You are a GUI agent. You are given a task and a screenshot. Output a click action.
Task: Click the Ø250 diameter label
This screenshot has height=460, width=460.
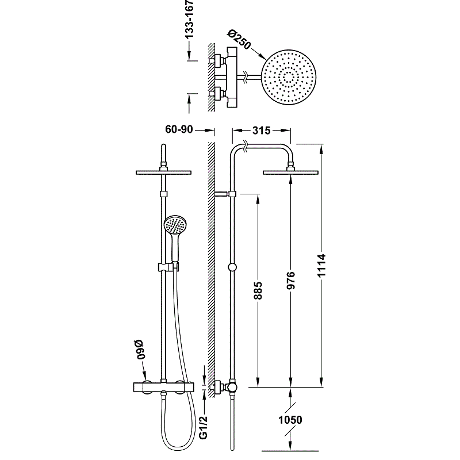coord(239,40)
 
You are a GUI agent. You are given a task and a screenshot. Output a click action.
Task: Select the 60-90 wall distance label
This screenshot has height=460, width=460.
coord(179,129)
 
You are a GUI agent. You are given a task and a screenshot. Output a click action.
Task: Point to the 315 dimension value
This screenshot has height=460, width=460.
coord(261,131)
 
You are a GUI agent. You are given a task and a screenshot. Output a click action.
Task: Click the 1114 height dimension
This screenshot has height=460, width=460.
coord(321,266)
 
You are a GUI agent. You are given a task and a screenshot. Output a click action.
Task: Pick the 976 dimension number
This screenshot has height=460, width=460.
coord(290,281)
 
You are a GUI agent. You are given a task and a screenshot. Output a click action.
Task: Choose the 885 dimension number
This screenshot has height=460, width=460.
coord(258,291)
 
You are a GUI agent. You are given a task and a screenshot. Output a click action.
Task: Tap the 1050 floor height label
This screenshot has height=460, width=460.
coord(290,420)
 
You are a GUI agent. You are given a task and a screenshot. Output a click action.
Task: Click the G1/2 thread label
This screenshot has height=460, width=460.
coord(203,427)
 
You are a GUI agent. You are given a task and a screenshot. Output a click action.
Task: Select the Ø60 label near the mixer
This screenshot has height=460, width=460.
coord(140,350)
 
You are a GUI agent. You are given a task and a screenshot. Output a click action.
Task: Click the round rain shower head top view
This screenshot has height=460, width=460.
coord(289,77)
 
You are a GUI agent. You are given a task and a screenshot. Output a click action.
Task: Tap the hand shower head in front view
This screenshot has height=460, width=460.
coord(175,226)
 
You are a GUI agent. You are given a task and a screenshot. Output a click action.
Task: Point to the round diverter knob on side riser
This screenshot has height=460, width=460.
coord(232,267)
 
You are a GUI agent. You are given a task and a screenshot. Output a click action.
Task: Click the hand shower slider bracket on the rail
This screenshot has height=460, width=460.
coord(168,267)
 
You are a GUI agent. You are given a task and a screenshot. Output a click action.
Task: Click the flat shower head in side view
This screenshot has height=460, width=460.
coord(290,172)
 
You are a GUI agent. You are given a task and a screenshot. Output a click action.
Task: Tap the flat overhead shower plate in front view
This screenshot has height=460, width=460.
coord(164,172)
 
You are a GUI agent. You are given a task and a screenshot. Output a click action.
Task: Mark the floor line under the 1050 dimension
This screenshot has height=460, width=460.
coord(290,451)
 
